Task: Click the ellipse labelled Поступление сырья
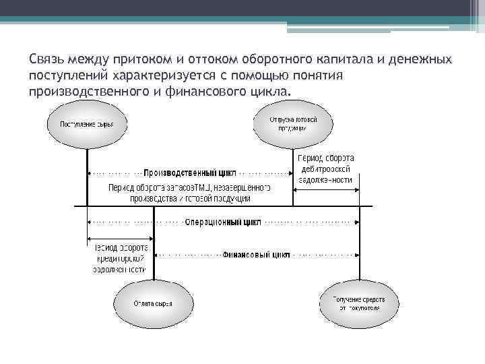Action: coord(86,125)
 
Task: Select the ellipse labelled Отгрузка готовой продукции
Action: coord(292,123)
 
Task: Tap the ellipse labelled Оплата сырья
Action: coord(153,303)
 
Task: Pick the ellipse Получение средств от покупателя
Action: coord(359,303)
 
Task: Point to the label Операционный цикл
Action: coord(222,221)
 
